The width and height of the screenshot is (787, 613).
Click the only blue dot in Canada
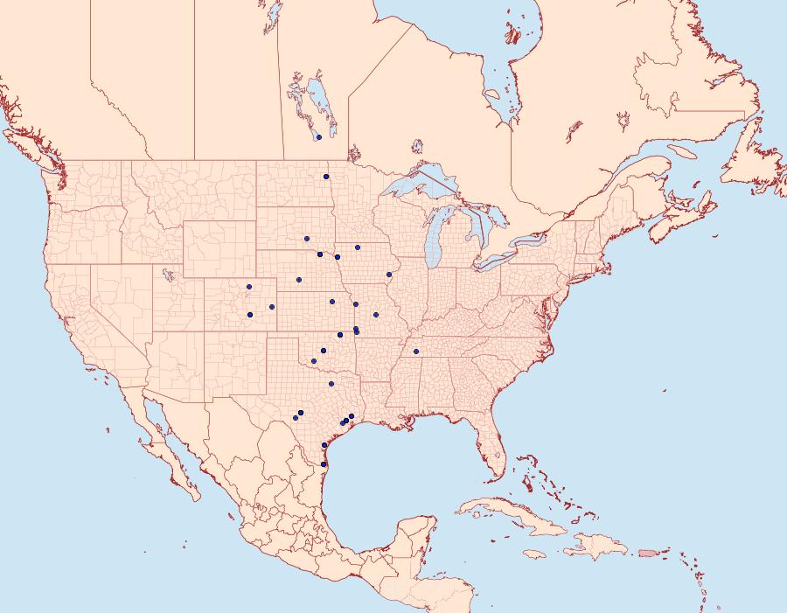pyautogui.click(x=319, y=137)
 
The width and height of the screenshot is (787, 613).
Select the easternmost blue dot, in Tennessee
pyautogui.click(x=416, y=352)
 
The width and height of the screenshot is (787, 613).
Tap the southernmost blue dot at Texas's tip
pyautogui.click(x=324, y=464)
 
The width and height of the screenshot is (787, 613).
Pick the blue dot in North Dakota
pyautogui.click(x=326, y=178)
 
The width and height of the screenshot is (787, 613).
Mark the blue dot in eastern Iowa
pyautogui.click(x=389, y=275)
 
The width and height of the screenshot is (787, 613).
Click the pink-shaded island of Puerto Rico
pyautogui.click(x=648, y=552)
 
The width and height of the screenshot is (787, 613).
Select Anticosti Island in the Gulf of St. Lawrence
pyautogui.click(x=684, y=151)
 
